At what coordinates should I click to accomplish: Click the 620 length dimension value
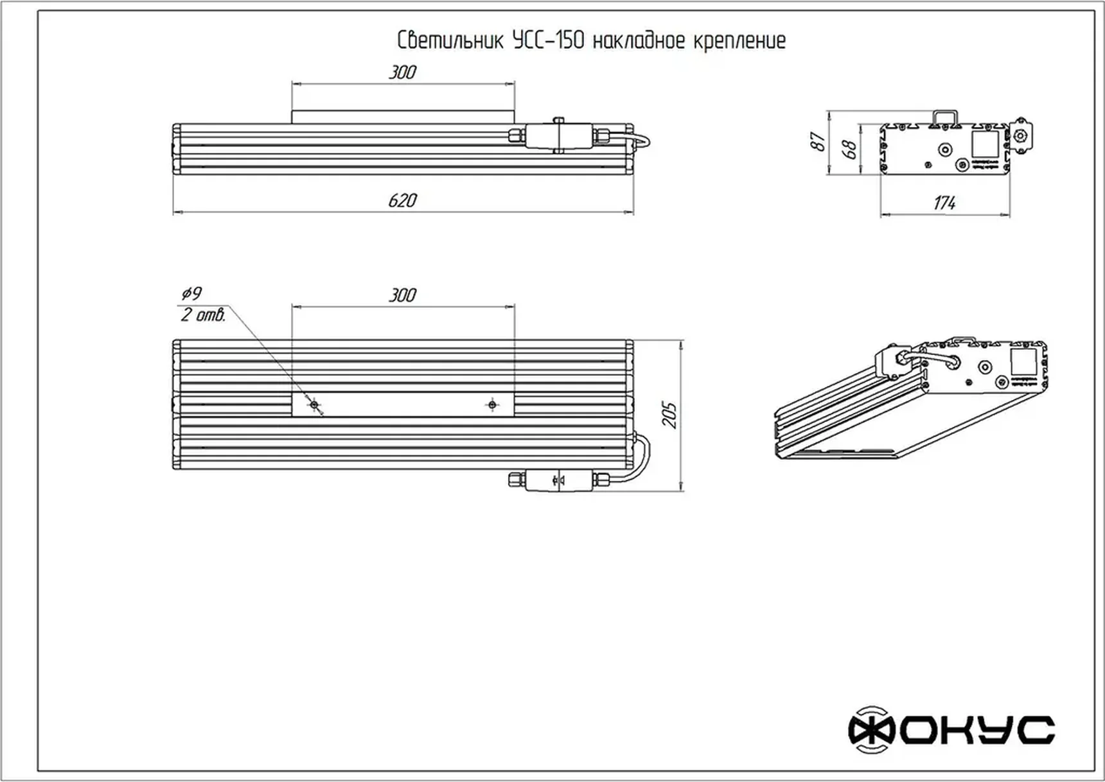pos(403,200)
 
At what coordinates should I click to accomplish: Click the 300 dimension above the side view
pos(403,73)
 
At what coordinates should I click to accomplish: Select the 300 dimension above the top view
pos(403,295)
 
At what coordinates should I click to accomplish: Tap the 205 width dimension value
pos(669,415)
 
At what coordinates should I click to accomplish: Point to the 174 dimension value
pos(944,203)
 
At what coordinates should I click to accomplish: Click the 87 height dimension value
pos(818,141)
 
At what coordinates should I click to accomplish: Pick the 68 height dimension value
pos(849,150)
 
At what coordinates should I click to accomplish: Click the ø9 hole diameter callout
pos(191,294)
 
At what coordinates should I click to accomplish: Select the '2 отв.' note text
pos(203,315)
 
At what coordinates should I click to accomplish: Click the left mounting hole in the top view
pos(314,404)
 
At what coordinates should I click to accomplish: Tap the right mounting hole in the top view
pos(492,404)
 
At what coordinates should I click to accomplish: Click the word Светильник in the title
pos(451,41)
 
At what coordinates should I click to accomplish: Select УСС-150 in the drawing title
pos(549,41)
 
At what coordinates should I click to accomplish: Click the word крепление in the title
pos(739,41)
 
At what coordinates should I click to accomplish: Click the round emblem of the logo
pos(871,729)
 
